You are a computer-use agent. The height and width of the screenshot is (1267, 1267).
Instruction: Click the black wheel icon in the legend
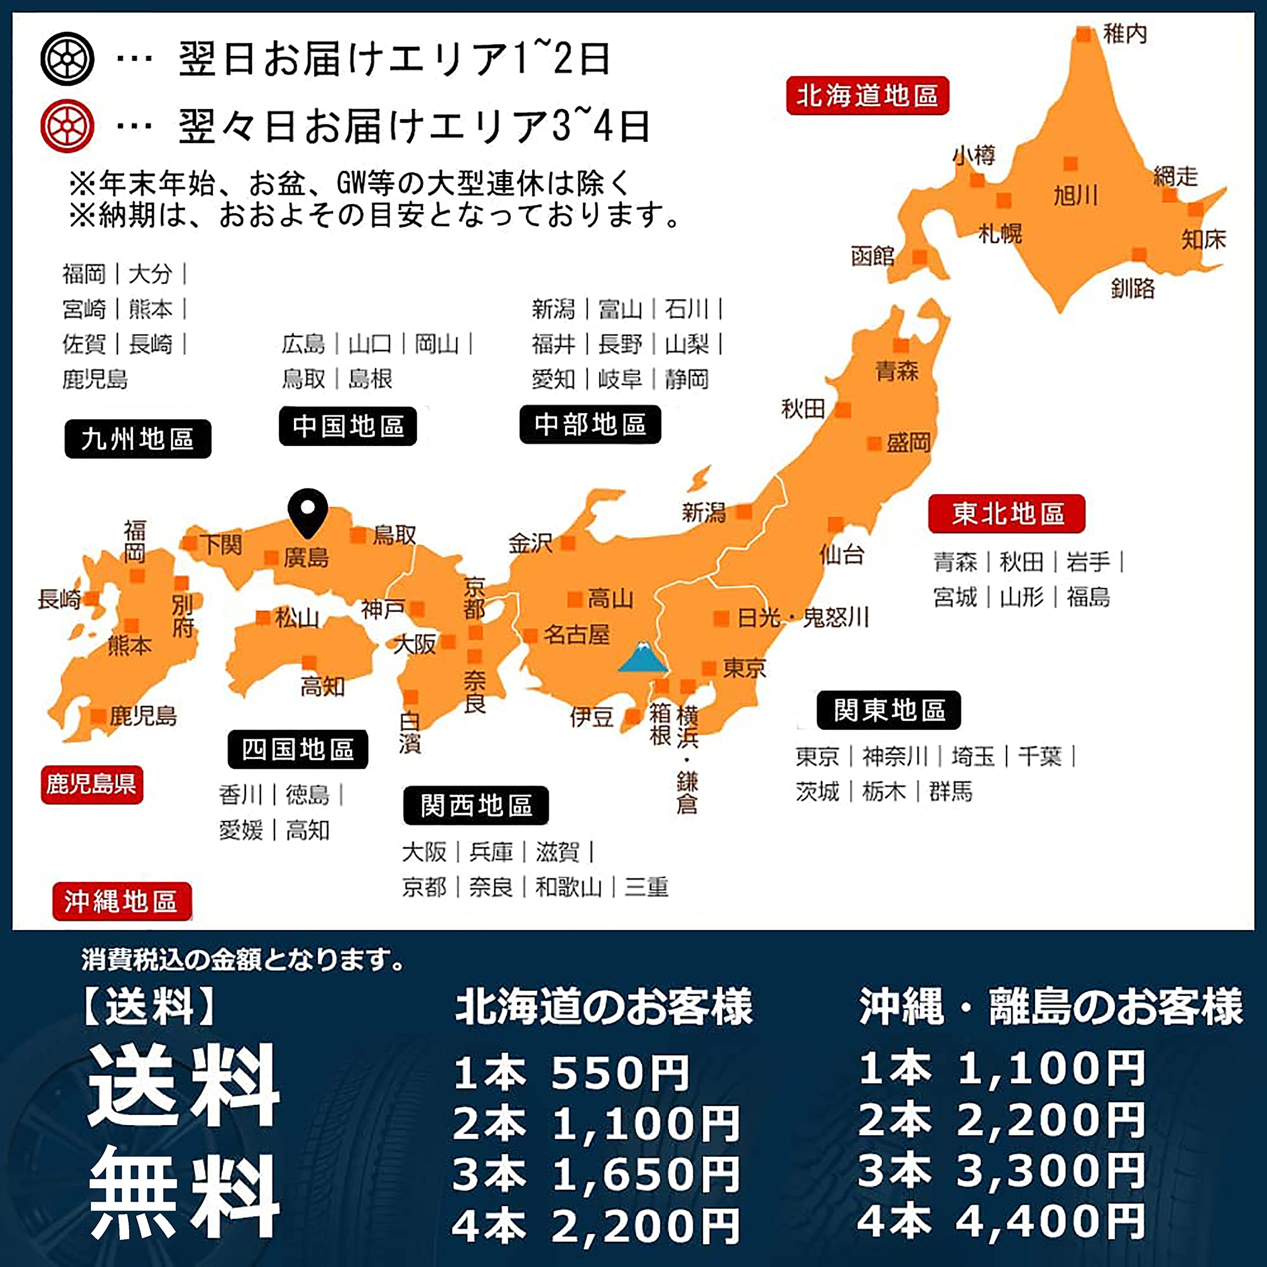(x=67, y=59)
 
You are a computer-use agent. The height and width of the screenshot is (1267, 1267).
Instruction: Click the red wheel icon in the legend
(x=67, y=126)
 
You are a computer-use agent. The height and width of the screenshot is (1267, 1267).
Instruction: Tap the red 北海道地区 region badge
(x=867, y=96)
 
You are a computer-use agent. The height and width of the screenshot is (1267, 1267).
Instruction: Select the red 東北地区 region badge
(x=1007, y=514)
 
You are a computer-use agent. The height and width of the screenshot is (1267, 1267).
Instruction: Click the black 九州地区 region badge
(x=138, y=439)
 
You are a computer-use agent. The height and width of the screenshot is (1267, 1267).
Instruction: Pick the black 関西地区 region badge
(x=476, y=805)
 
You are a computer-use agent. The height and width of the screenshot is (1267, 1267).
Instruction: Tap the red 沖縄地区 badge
(x=122, y=902)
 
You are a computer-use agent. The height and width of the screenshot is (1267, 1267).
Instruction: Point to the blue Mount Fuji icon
(x=643, y=657)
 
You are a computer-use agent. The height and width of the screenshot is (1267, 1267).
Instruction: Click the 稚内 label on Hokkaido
(x=1124, y=34)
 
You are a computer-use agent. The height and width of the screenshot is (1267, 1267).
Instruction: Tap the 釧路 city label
(x=1132, y=288)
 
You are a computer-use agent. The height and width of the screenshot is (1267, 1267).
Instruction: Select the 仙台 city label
(x=842, y=555)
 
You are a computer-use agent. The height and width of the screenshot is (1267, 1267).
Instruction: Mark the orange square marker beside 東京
(x=709, y=668)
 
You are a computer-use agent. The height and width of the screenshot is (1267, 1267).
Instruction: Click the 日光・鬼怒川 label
(x=803, y=618)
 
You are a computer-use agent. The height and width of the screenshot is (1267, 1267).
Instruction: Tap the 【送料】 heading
(x=149, y=1007)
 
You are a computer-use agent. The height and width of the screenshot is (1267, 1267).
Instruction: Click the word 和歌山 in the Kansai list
(x=568, y=887)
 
